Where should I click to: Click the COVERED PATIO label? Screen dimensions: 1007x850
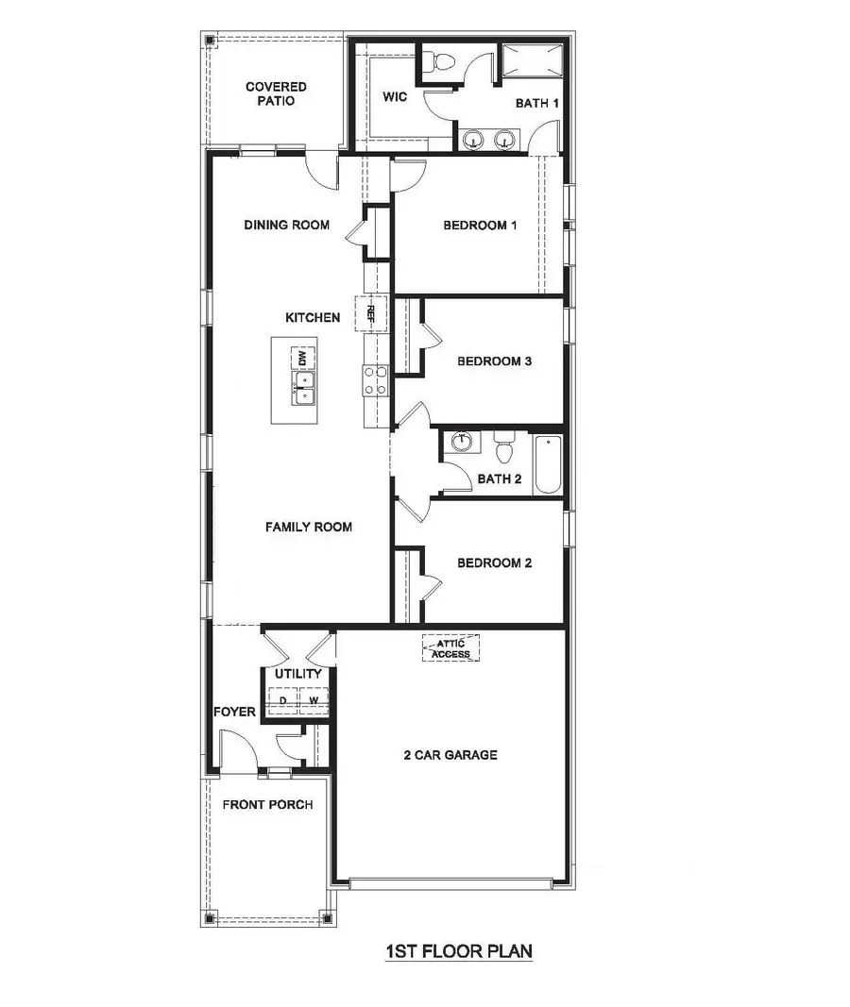tap(276, 93)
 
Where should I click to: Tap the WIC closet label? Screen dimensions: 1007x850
tap(395, 97)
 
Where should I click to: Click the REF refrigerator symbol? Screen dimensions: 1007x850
tap(370, 313)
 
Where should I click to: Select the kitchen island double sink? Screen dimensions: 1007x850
tap(303, 388)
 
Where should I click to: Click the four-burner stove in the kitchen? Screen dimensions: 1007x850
tap(375, 380)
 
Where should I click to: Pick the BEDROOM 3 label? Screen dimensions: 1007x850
tap(494, 361)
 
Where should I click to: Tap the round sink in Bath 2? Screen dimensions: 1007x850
tap(462, 441)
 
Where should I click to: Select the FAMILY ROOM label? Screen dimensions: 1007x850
tap(308, 527)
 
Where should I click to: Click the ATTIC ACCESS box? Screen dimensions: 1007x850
tap(451, 648)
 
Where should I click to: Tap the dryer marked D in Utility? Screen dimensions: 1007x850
tap(282, 700)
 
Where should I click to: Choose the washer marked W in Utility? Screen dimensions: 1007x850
tap(314, 700)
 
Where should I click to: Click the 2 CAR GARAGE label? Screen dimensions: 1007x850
tap(450, 755)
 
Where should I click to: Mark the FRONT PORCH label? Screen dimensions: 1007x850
tap(267, 805)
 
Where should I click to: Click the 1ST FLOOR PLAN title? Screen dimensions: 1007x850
tap(459, 952)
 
